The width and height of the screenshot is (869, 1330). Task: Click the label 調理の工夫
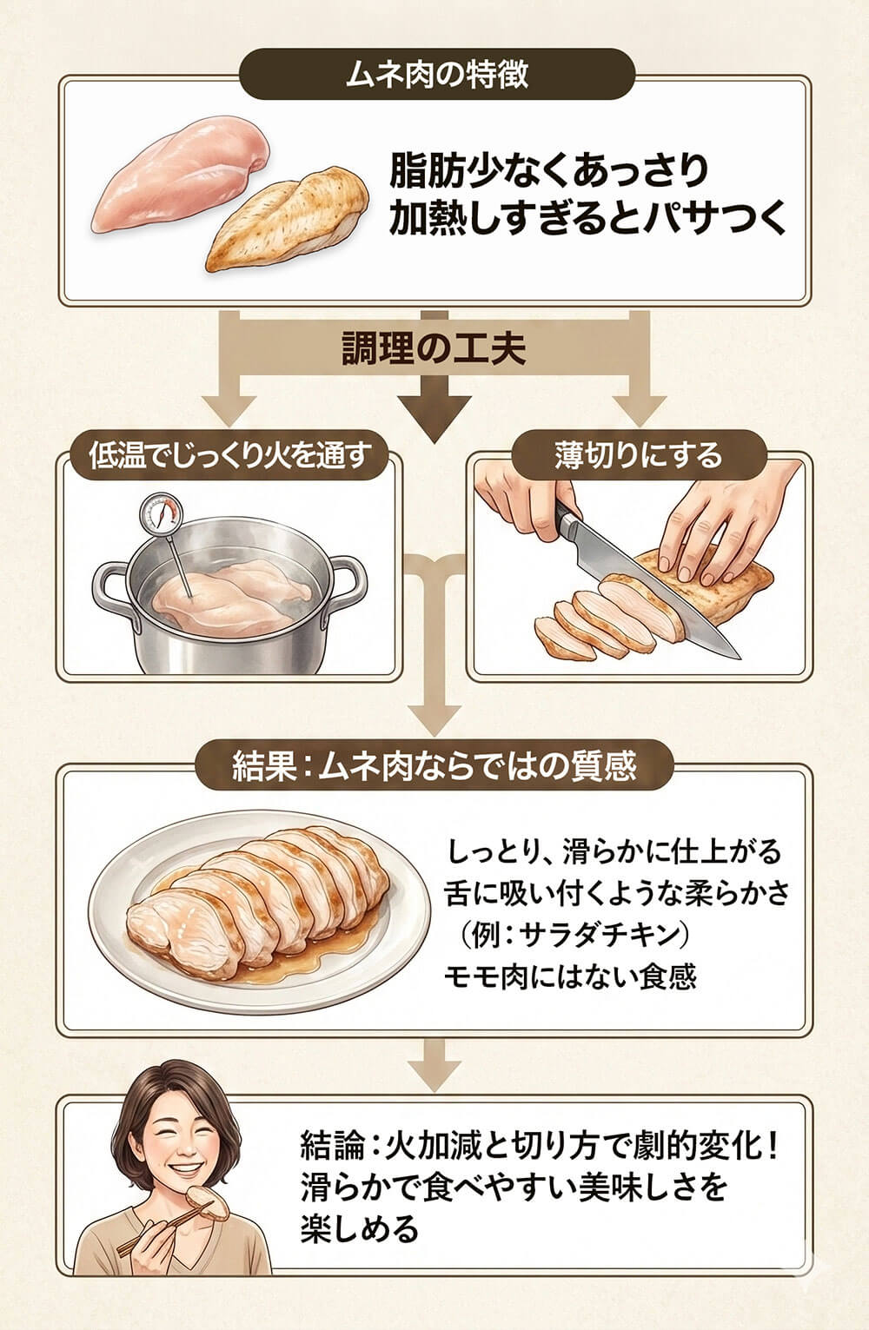click(432, 350)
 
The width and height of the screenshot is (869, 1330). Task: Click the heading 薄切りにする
click(638, 455)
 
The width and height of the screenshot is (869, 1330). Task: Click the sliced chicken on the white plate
click(261, 903)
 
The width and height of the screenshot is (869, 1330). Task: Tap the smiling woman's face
click(177, 1134)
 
